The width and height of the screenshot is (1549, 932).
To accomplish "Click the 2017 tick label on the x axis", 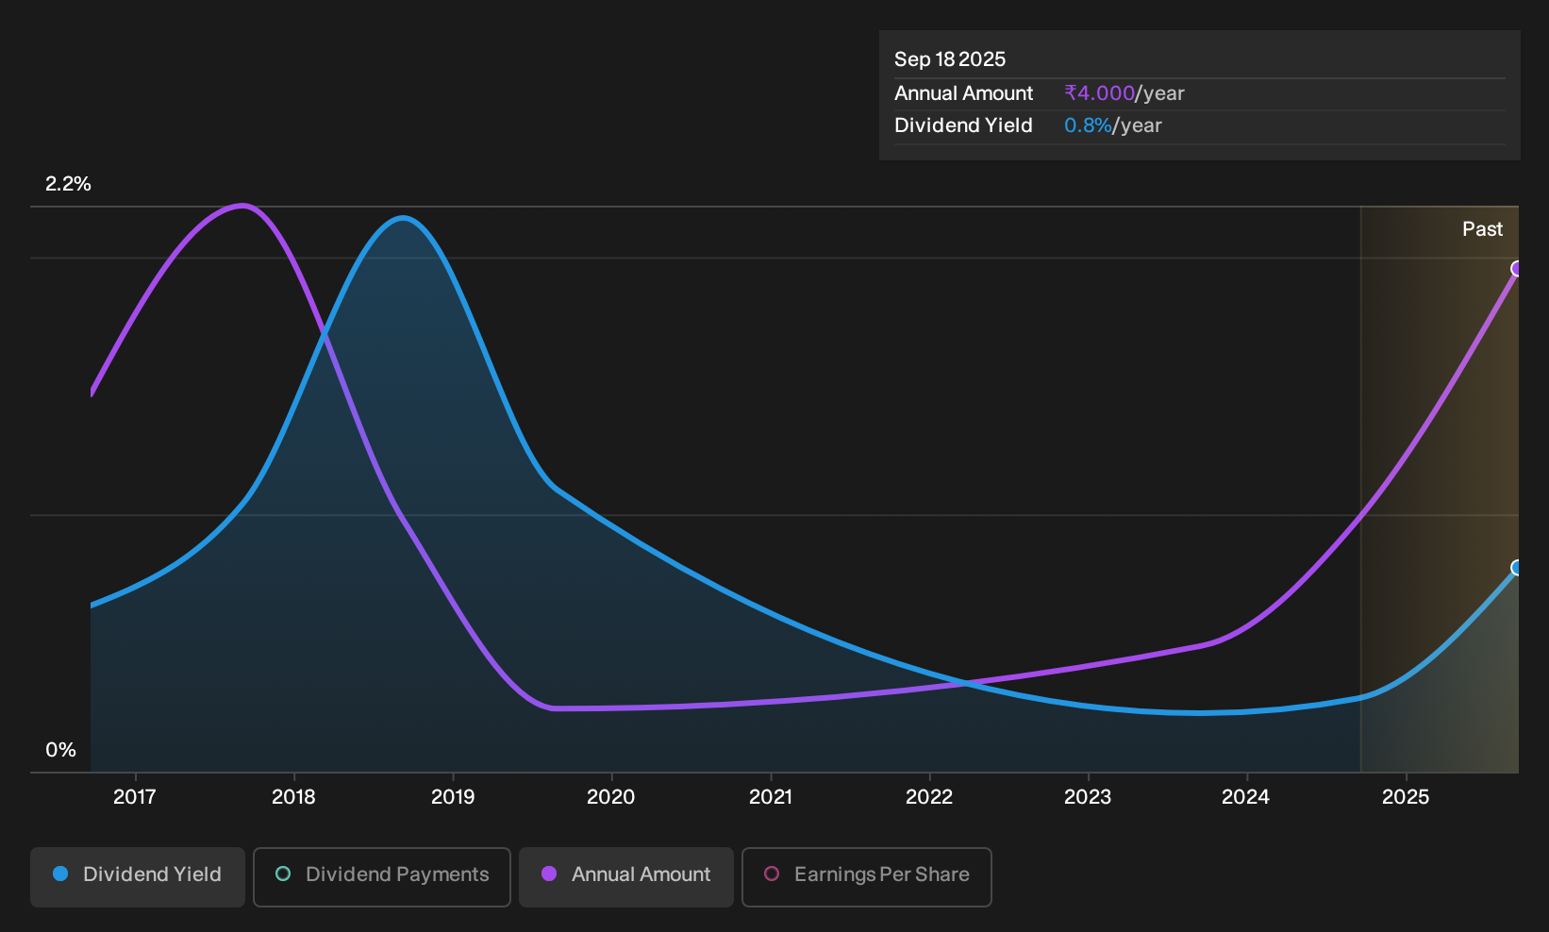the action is click(135, 797).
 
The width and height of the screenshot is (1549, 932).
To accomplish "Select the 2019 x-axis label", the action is click(453, 797).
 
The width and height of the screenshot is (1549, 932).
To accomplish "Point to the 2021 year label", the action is click(771, 797).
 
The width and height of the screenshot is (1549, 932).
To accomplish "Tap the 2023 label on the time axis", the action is click(1088, 797).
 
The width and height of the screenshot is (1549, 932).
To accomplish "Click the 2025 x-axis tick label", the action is click(1406, 797).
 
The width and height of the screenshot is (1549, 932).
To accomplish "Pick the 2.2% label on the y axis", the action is click(68, 184).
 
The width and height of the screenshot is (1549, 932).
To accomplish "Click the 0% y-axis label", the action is click(61, 750).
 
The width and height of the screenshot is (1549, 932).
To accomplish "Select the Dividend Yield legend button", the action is click(138, 876).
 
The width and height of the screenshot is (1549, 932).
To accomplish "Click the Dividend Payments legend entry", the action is click(382, 876).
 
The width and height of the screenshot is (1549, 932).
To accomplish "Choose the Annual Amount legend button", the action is click(625, 876).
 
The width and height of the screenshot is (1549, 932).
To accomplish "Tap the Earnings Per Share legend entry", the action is click(866, 876).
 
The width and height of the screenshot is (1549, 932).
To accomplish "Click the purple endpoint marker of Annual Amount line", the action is click(1517, 268).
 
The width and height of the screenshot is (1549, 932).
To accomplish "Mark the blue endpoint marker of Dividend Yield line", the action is click(1517, 568).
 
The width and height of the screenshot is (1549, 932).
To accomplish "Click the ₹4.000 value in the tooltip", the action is click(1100, 93).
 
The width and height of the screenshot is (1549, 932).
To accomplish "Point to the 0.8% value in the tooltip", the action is click(1088, 125).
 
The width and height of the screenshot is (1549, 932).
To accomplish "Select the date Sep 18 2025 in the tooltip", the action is click(949, 59).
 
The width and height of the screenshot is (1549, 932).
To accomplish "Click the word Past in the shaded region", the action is click(1482, 229).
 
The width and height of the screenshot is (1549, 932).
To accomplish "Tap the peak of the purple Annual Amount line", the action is click(242, 206).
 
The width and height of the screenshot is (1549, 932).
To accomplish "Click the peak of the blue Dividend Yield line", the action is click(403, 219).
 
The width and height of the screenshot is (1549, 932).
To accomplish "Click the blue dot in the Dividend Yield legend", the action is click(61, 874).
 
